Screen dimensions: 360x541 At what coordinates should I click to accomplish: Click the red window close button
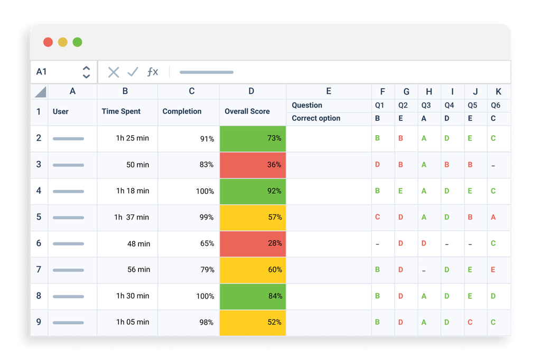click(x=48, y=42)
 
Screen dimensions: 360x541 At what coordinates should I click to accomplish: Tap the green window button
click(x=77, y=42)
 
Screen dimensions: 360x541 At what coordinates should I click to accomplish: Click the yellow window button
click(x=62, y=42)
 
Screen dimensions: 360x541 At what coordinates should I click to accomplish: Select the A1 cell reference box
click(x=42, y=72)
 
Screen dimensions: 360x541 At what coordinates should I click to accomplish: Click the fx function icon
click(x=152, y=72)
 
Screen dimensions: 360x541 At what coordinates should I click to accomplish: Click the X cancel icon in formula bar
click(x=114, y=72)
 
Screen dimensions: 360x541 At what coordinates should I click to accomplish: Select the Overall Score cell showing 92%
click(x=253, y=191)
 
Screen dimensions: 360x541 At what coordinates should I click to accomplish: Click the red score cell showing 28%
click(x=253, y=243)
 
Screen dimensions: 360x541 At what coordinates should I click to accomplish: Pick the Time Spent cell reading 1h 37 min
click(x=127, y=217)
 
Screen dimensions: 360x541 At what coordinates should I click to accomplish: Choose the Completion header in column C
click(x=182, y=111)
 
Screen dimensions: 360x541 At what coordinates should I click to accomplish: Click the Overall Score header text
click(x=247, y=111)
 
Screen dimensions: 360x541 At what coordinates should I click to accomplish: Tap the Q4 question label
click(x=449, y=105)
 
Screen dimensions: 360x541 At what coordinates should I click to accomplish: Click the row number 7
click(x=39, y=269)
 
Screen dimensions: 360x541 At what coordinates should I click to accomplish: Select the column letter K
click(x=498, y=91)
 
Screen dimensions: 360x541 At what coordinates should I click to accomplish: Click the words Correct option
click(x=316, y=118)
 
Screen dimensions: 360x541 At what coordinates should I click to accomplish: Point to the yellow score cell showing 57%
click(x=253, y=217)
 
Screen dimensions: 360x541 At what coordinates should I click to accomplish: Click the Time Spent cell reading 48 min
click(x=127, y=243)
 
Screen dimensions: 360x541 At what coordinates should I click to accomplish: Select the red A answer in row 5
click(x=493, y=217)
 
